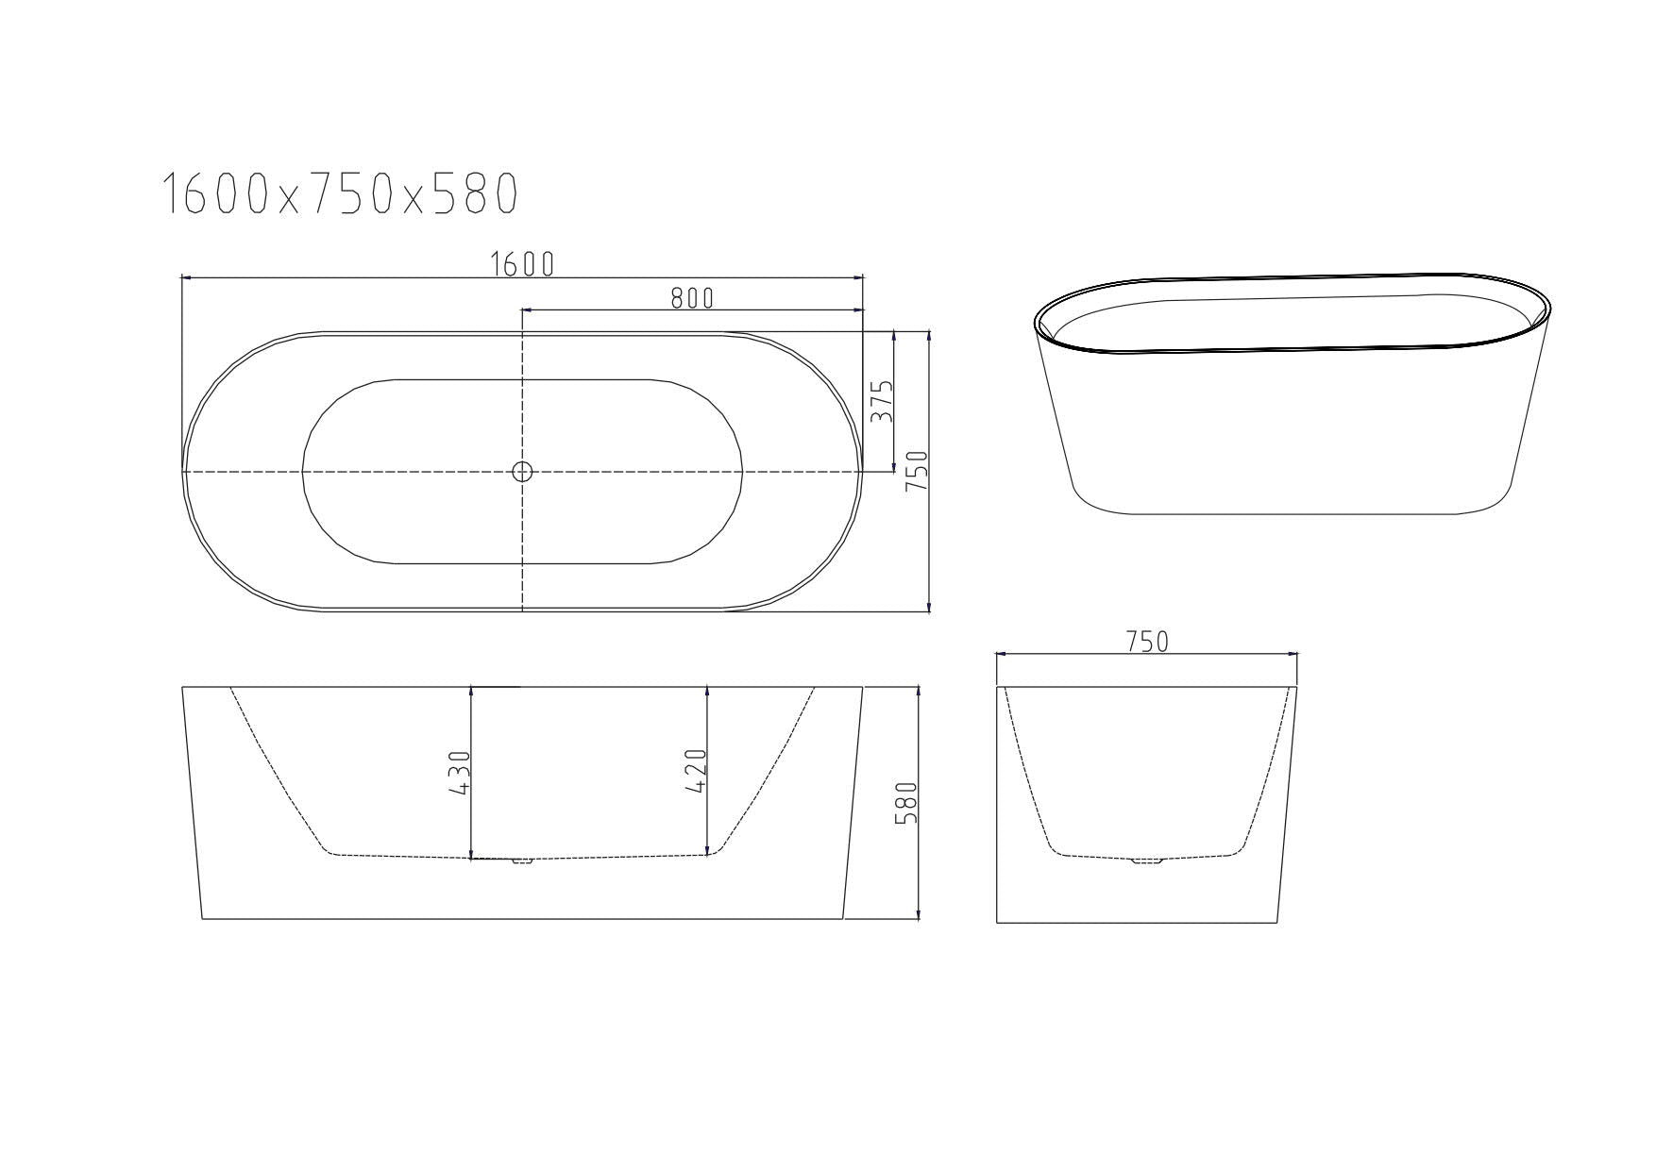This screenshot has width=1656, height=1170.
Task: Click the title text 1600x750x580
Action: tap(341, 194)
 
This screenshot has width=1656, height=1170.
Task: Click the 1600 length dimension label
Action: tap(522, 265)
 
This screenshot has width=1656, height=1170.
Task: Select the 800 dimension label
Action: tap(692, 298)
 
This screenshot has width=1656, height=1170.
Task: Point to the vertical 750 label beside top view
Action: tap(917, 471)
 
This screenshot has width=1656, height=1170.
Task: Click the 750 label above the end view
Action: tap(1147, 642)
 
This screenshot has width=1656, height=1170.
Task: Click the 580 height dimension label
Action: tap(905, 803)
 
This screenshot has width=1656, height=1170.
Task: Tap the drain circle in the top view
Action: tap(522, 471)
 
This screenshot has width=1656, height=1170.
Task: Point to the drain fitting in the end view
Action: tap(1147, 860)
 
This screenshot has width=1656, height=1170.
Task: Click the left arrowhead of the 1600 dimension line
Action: tap(186, 277)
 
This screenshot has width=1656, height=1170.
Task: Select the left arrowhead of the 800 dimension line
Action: tap(527, 309)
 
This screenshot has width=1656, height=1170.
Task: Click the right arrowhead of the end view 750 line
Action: tap(1293, 653)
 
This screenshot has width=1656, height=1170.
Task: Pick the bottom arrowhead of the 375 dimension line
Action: tap(894, 465)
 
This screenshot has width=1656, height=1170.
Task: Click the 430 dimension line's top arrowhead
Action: tap(471, 693)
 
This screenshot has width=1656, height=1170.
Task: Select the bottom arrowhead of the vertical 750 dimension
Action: tap(930, 606)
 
